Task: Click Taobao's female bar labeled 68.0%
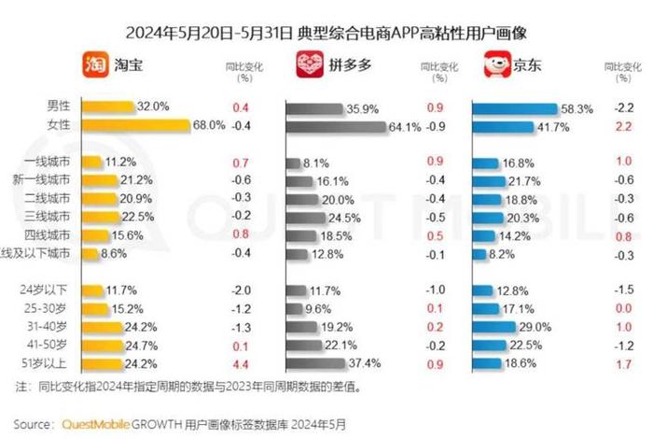(135, 125)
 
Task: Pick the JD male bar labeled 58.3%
(514, 108)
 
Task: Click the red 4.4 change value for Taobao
(239, 363)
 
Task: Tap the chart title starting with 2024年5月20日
(326, 32)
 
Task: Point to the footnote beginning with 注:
(187, 386)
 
